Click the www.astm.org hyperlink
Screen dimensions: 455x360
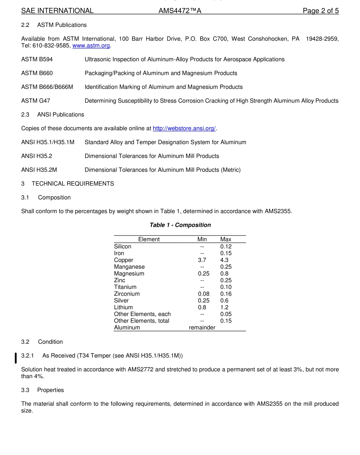91,46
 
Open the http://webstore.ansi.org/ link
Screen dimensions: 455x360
184,129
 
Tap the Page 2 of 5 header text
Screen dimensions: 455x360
321,11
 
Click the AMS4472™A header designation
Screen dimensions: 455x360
180,11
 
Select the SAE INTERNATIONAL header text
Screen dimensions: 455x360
57,11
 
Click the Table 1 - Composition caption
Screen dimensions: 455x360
180,225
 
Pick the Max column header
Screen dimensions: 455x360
226,239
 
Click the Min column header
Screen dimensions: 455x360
202,239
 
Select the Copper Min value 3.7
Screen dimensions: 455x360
202,260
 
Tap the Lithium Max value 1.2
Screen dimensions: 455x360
224,308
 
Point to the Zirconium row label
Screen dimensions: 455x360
127,294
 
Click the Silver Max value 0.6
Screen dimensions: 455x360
224,301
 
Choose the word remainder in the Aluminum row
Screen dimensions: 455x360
202,328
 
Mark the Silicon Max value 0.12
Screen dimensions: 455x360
226,247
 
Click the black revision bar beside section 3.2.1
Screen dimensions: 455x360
16,358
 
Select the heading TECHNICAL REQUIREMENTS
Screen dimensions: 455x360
73,184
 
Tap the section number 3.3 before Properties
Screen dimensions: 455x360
25,390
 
